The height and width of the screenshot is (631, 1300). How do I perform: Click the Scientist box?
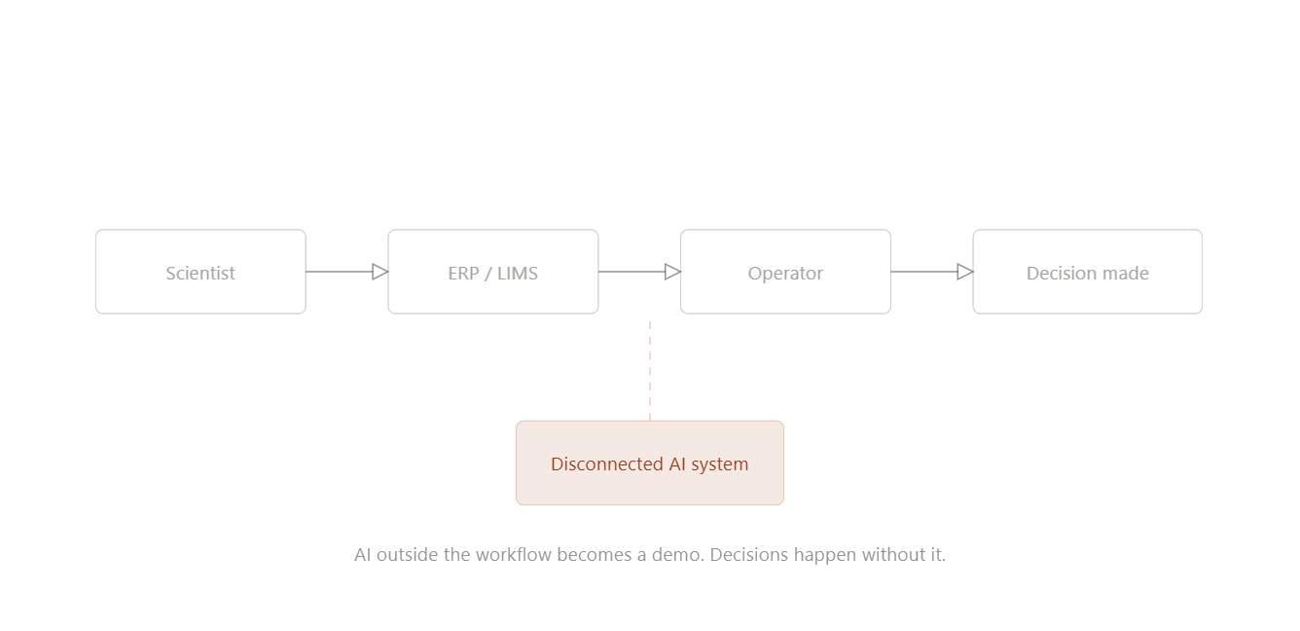tap(200, 273)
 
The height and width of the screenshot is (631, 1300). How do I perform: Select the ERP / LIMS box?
tap(492, 273)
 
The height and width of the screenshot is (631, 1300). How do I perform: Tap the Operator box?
tap(785, 273)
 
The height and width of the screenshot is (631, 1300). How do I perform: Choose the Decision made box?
tap(1087, 273)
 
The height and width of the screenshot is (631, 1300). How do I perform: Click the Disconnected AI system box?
tap(649, 464)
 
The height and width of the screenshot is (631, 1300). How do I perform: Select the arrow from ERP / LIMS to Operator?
tap(632, 272)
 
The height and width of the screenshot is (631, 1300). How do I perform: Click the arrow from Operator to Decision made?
tap(923, 272)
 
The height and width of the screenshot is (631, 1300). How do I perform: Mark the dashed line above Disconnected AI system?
tap(650, 370)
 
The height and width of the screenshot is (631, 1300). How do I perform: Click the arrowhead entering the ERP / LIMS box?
tap(380, 272)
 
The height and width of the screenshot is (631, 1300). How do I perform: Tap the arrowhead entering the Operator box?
tap(672, 272)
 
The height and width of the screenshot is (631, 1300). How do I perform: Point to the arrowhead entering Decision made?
tap(965, 272)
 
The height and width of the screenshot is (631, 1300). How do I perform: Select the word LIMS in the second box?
tap(517, 274)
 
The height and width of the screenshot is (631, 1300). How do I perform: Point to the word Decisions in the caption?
tap(749, 555)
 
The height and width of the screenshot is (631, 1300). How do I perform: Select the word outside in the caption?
tap(408, 555)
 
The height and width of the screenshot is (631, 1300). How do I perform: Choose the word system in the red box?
tap(719, 464)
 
